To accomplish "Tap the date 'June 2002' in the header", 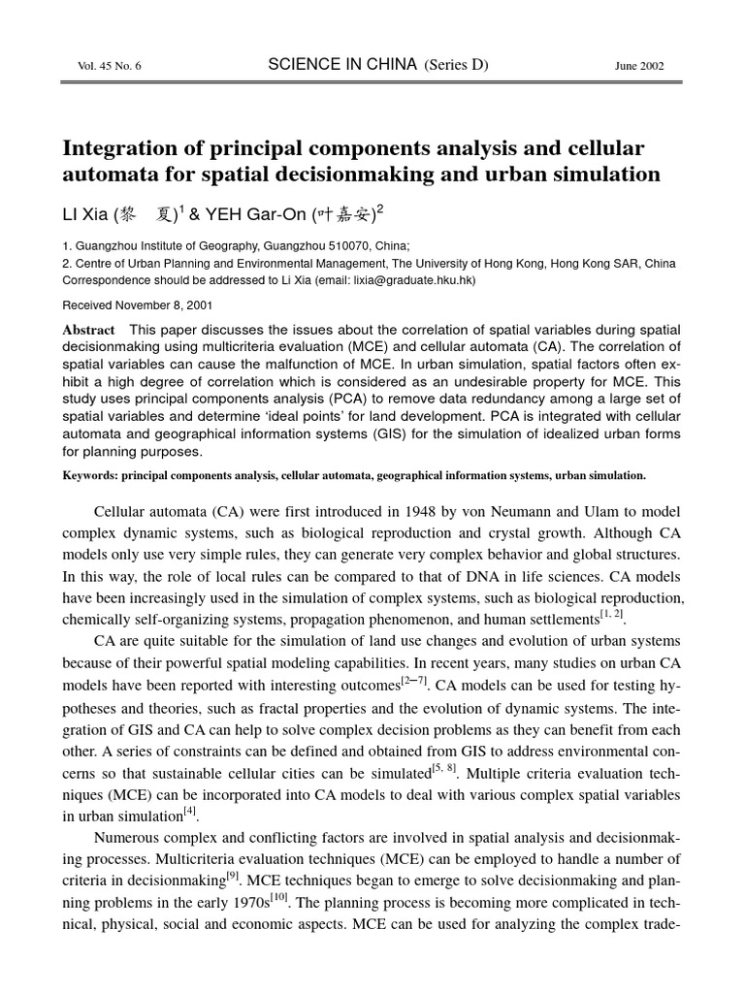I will (x=640, y=65).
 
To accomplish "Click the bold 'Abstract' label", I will (x=88, y=330).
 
